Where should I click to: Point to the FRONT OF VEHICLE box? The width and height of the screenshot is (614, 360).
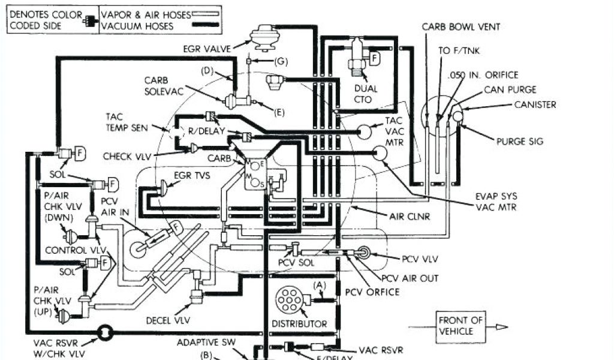pyautogui.click(x=460, y=325)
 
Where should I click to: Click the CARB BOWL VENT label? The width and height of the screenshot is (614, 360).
pyautogui.click(x=460, y=27)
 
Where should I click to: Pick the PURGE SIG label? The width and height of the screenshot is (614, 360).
pyautogui.click(x=519, y=142)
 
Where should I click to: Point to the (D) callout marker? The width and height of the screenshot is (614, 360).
pyautogui.click(x=207, y=71)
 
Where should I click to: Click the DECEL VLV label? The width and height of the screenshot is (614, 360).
pyautogui.click(x=167, y=320)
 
